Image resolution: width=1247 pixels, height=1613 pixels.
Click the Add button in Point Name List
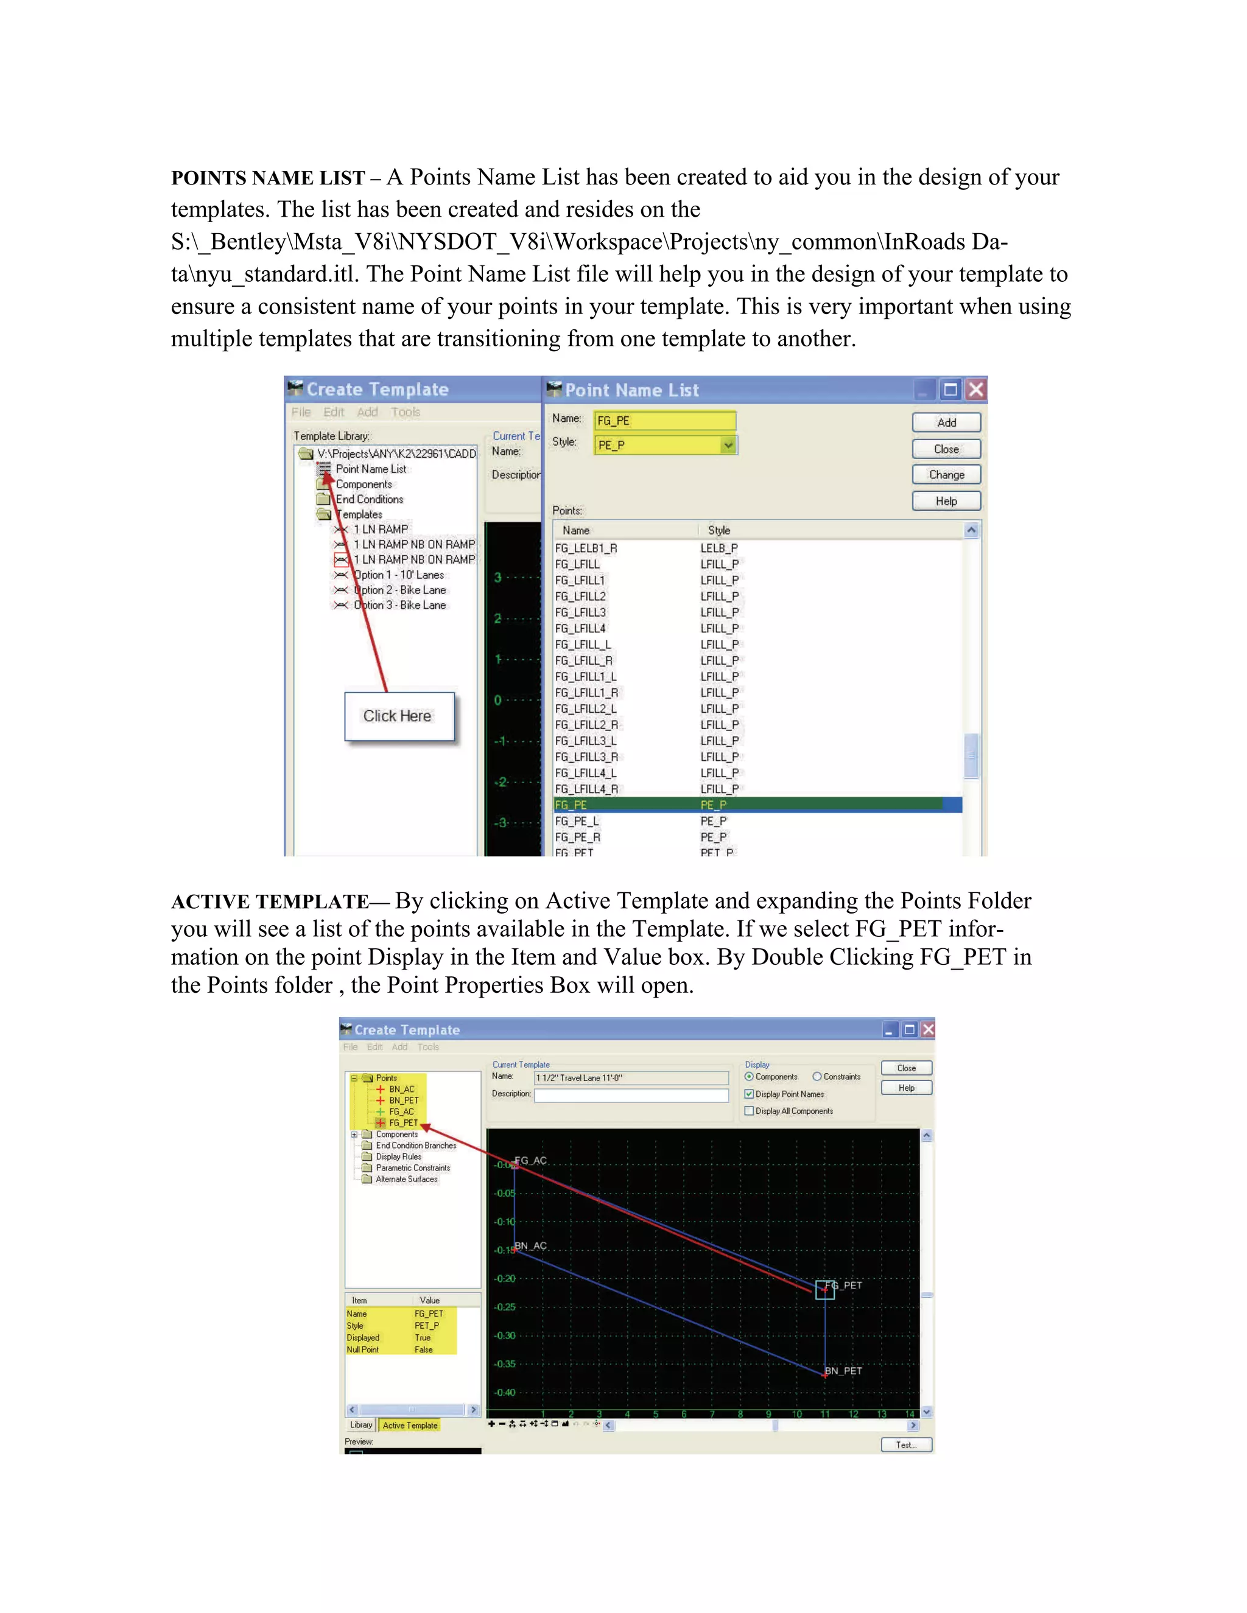click(x=946, y=422)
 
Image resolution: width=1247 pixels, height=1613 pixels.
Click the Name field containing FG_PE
click(x=664, y=421)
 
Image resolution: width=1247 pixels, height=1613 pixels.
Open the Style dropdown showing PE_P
click(x=728, y=444)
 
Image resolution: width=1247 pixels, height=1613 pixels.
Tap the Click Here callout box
click(x=399, y=716)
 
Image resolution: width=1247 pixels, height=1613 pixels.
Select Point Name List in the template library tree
click(x=370, y=469)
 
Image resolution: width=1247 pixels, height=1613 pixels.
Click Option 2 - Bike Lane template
click(x=399, y=590)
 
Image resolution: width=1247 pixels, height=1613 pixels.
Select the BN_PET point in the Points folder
click(x=403, y=1100)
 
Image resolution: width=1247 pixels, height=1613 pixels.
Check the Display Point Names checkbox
click(x=749, y=1094)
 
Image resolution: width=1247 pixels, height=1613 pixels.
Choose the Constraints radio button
click(x=817, y=1077)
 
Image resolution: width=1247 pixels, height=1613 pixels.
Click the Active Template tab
click(x=409, y=1426)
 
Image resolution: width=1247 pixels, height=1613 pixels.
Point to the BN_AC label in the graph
click(x=530, y=1246)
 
